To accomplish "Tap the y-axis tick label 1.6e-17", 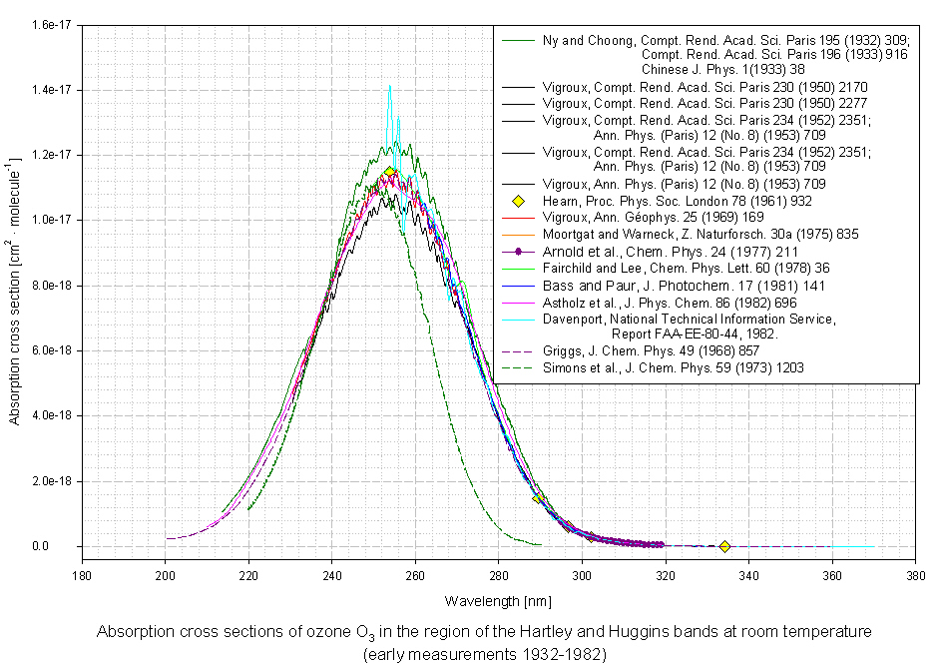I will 50,24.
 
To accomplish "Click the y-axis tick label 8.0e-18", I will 50,286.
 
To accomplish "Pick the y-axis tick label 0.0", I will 62,546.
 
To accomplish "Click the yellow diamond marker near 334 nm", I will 724,546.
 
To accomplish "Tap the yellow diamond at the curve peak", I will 389,172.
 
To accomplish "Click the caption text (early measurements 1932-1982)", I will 484,654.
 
